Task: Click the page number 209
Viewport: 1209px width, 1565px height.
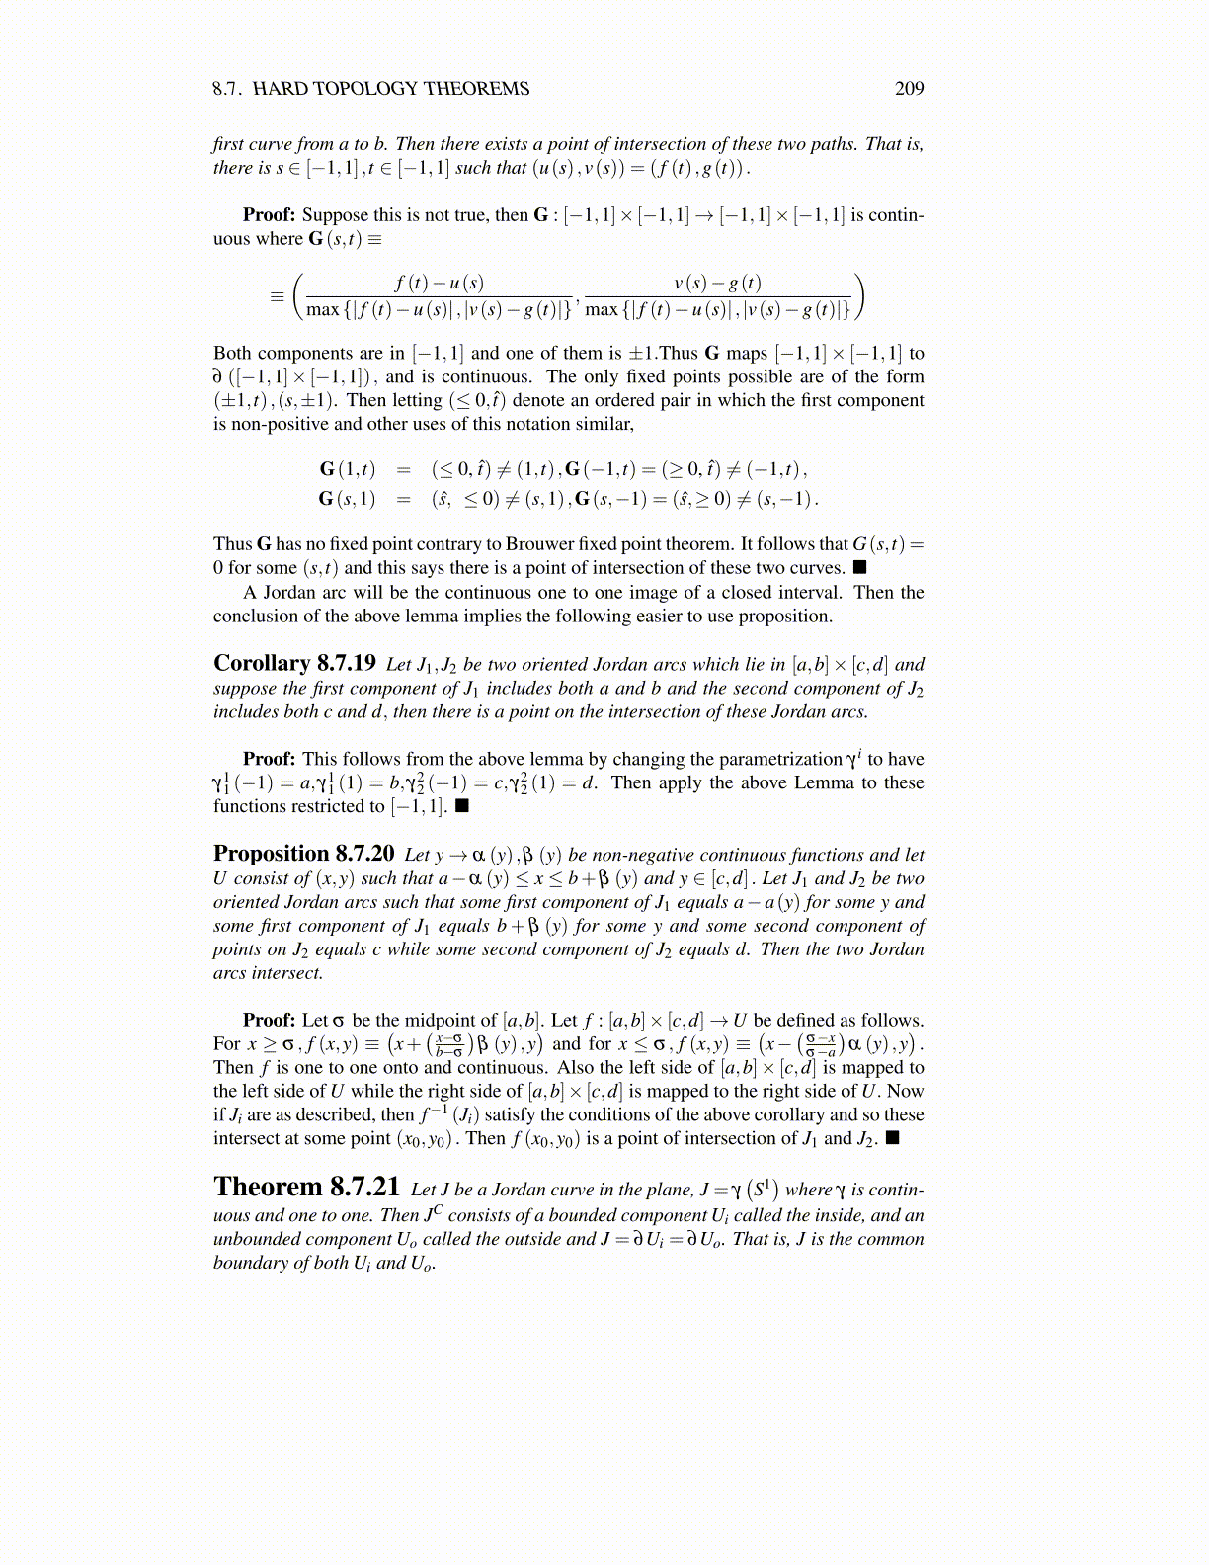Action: pos(909,89)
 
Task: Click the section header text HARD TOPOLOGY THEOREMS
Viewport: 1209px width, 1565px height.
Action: pos(391,89)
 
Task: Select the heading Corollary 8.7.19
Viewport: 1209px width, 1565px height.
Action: pos(294,663)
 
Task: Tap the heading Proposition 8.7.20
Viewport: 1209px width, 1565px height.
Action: pos(303,854)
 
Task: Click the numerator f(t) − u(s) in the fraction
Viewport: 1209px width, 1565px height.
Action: pos(439,284)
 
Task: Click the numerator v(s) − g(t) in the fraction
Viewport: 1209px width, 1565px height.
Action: pos(717,284)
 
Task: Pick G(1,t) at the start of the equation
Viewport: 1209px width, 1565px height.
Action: pos(347,469)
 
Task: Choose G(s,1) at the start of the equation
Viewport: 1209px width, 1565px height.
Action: pos(347,499)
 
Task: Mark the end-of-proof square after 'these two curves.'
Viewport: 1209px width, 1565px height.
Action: pos(859,567)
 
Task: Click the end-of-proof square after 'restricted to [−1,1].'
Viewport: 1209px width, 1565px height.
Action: pos(461,806)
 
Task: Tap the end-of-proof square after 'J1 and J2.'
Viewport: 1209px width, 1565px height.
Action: pos(892,1138)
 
